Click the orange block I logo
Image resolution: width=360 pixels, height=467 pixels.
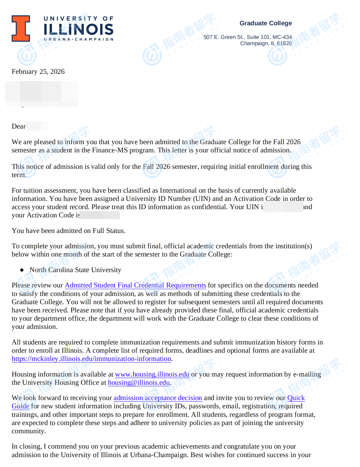pos(21,28)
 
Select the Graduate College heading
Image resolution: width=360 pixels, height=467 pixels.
pos(265,23)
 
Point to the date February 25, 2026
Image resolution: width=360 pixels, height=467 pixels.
pos(38,71)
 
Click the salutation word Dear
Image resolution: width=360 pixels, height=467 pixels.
pos(18,126)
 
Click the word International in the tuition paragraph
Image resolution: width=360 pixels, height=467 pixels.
pos(178,190)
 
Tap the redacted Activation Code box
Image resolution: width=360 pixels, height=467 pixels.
pos(100,215)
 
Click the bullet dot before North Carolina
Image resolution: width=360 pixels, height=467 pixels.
pos(22,270)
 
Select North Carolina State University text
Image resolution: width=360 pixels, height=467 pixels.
pos(75,270)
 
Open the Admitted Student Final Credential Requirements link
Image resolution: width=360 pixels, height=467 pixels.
pos(135,285)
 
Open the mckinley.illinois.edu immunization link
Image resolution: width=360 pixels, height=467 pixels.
pos(91,359)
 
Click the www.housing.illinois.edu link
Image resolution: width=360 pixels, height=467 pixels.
pos(152,374)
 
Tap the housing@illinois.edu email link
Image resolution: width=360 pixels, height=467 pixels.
pos(139,382)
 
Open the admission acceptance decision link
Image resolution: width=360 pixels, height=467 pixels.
pos(158,398)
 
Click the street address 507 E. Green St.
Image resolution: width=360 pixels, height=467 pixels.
pos(224,37)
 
